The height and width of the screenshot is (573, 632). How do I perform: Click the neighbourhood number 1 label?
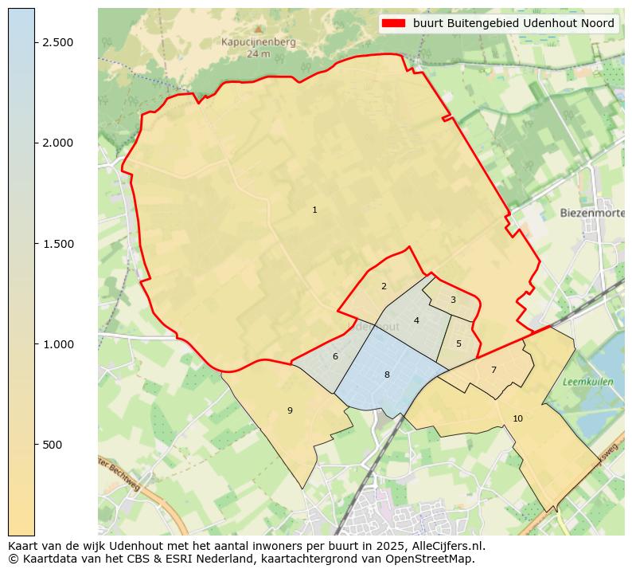click(314, 210)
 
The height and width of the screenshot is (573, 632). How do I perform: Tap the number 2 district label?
click(384, 286)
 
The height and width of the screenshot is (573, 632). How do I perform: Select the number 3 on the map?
click(453, 300)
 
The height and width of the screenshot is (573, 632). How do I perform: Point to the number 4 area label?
click(416, 321)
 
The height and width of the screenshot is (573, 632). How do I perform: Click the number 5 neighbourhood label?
click(458, 344)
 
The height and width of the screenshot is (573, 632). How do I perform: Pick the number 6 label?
click(335, 357)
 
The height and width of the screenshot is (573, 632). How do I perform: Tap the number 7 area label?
click(494, 370)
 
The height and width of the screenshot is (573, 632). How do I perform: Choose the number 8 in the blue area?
click(387, 375)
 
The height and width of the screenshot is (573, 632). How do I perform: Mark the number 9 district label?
click(290, 411)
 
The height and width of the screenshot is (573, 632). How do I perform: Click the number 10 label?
click(517, 418)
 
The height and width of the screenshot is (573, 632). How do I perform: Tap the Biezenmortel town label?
click(591, 214)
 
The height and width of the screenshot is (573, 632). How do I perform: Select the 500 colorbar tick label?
click(53, 445)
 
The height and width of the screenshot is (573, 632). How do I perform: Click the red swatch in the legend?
click(393, 24)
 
